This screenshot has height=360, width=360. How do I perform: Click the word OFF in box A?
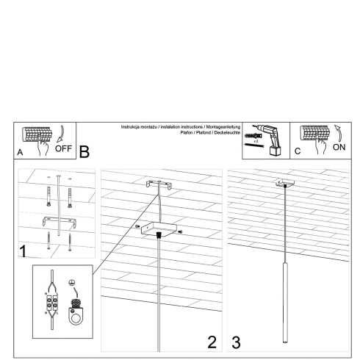tap(63, 148)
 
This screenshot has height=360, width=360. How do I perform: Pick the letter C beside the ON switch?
tap(298, 152)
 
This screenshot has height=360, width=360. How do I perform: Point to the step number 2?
tap(212, 341)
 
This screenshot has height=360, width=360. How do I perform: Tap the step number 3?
tap(236, 341)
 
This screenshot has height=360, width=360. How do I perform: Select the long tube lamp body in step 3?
tap(282, 301)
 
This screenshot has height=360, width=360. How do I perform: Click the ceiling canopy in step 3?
tap(283, 184)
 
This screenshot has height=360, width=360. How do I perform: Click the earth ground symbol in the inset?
tap(72, 283)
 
